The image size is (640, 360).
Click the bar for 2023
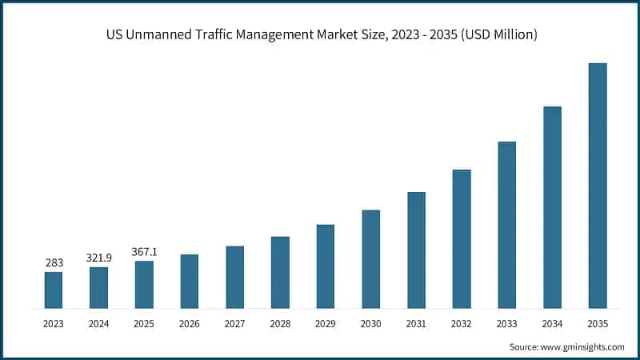[x=53, y=290]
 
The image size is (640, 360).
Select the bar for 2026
[x=189, y=281]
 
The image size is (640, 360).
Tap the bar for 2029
[x=325, y=266]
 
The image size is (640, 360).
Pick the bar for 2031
[x=416, y=250]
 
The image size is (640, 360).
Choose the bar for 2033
[x=506, y=225]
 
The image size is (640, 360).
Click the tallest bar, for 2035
[x=598, y=186]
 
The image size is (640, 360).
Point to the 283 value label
[x=53, y=262]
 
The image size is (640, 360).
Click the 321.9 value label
[x=98, y=258]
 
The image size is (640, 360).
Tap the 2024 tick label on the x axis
[x=98, y=323]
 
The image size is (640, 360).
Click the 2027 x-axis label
[x=234, y=323]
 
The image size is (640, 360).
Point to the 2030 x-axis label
[x=370, y=323]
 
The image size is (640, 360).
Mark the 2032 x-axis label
[x=462, y=323]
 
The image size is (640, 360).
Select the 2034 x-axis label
[x=552, y=323]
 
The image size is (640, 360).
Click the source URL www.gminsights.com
[x=583, y=346]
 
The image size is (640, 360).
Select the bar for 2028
[x=280, y=272]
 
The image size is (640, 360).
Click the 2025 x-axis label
[x=144, y=323]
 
